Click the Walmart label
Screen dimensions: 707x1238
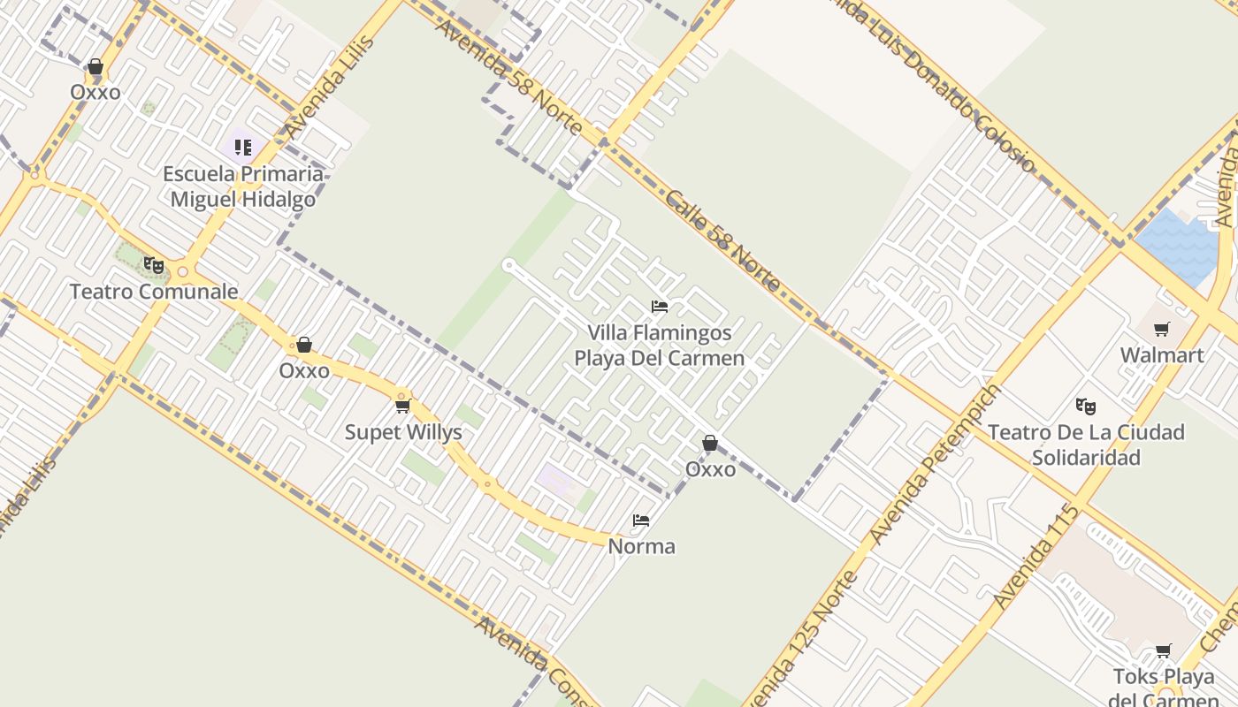(1161, 355)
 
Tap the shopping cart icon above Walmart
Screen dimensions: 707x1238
(1161, 330)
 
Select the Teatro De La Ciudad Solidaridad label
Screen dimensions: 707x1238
(1086, 445)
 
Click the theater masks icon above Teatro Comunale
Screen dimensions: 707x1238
(154, 264)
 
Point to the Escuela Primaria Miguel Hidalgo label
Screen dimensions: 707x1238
(243, 186)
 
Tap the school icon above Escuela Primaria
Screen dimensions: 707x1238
(243, 147)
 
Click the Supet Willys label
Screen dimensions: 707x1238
(403, 432)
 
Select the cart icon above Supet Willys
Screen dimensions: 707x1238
(403, 406)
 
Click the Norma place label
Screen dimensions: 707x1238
(641, 546)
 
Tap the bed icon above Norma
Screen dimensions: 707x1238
(641, 521)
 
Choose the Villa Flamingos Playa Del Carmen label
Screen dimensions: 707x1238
(660, 346)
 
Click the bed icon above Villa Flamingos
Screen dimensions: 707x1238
(660, 307)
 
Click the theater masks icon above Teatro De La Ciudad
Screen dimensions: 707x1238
(1086, 406)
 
